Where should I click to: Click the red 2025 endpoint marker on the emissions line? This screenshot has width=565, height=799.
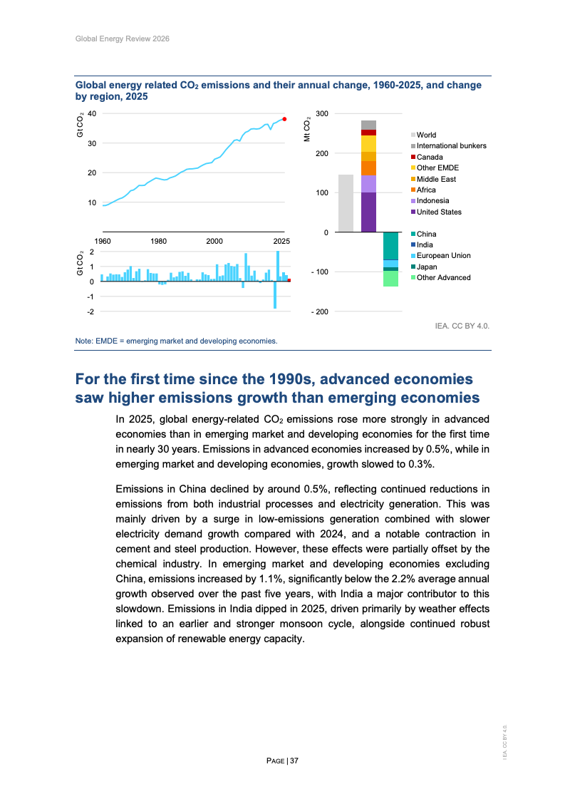point(284,119)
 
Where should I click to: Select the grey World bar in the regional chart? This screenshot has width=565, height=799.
point(346,203)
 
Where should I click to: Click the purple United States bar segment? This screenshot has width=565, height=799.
point(368,212)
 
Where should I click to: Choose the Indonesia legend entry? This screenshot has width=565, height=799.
point(432,201)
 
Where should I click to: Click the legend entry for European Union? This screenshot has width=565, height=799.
point(443,256)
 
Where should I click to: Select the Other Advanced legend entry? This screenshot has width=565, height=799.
point(443,278)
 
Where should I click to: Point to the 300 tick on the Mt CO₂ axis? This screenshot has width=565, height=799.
point(322,114)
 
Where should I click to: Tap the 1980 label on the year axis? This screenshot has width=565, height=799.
point(159,241)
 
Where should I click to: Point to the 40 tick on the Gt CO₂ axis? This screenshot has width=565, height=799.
point(92,114)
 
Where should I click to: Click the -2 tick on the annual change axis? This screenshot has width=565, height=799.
point(90,312)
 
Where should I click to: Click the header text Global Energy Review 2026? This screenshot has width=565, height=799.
point(122,38)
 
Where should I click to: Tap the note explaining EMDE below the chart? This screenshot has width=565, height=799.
point(176,341)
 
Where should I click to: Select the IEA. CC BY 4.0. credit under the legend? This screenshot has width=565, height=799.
point(462,326)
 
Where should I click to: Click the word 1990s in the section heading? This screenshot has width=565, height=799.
point(311,378)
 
